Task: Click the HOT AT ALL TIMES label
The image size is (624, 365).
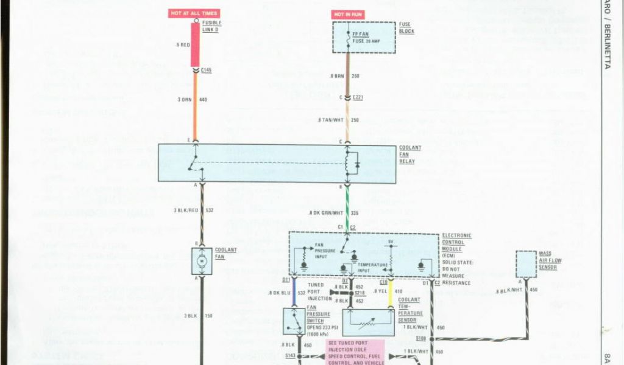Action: (x=194, y=13)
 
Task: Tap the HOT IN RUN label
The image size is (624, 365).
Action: (x=348, y=14)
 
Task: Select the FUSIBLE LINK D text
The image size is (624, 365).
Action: (x=211, y=26)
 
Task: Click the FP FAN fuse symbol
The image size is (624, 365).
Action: (x=348, y=37)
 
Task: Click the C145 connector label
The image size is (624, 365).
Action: (x=207, y=70)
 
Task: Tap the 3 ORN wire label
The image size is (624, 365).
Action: (x=185, y=99)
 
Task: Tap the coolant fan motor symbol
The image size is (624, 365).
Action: (x=202, y=261)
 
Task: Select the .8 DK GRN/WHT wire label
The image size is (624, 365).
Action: (x=324, y=212)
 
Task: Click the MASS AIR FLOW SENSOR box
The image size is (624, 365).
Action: (x=526, y=263)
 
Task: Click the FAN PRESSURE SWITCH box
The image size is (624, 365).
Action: (x=297, y=321)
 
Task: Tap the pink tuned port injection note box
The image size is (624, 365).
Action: (x=356, y=352)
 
